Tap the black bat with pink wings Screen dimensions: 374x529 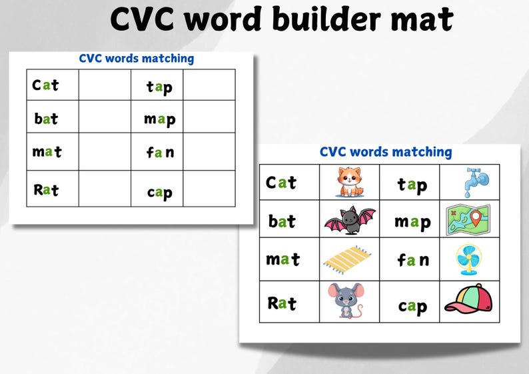pos(349,220)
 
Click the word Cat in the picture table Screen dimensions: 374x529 pos(280,183)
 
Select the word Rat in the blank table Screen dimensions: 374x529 pos(46,190)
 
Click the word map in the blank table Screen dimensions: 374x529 pos(159,119)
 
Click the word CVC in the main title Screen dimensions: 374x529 pos(143,20)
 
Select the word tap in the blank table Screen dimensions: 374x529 pos(159,86)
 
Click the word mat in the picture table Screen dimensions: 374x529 pos(282,259)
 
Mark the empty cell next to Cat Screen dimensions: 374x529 pos(105,85)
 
